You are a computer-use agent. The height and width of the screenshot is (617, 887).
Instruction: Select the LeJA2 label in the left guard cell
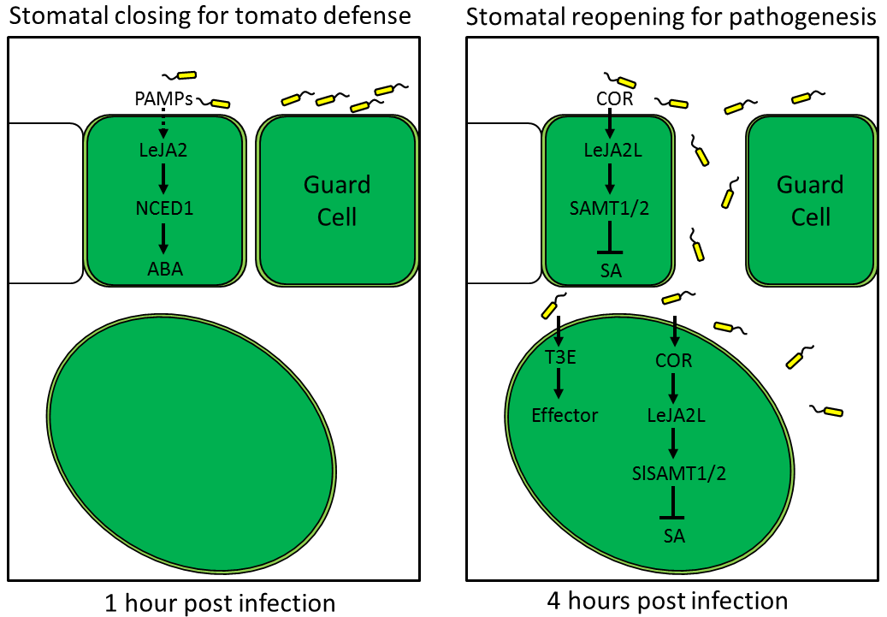coord(163,151)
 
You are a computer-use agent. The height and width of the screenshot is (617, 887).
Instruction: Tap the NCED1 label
coord(163,210)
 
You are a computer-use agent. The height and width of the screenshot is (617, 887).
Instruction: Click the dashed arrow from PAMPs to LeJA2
coord(163,124)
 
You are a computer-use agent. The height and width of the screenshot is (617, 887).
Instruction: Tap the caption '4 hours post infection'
coord(666,600)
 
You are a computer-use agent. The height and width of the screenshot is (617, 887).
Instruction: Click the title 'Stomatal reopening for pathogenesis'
coord(671,16)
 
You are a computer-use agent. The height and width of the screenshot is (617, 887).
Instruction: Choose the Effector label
coord(564,416)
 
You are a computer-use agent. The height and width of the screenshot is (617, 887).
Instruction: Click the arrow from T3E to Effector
coord(559,387)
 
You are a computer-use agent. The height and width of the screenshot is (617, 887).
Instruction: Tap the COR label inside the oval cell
coord(674,360)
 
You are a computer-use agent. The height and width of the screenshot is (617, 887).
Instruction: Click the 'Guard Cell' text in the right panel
coord(810,200)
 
